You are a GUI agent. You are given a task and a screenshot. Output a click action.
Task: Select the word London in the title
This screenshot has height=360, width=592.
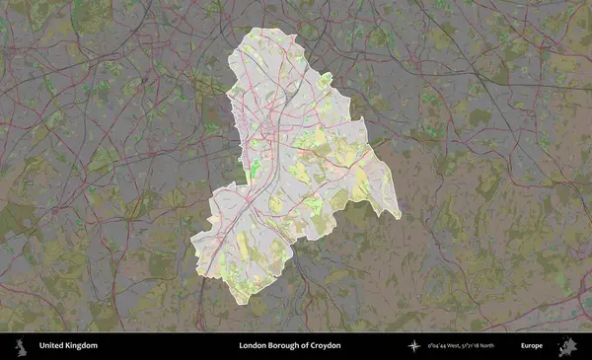pyautogui.click(x=252, y=345)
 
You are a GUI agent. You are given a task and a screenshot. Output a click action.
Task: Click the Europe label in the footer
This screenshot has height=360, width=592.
pyautogui.click(x=532, y=345)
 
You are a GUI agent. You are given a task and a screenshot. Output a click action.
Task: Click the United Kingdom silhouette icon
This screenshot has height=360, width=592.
pyautogui.click(x=20, y=345)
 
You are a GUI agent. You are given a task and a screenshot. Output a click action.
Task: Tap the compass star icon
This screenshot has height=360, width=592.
pyautogui.click(x=414, y=345)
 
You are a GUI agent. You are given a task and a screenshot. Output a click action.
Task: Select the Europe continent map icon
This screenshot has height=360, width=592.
pyautogui.click(x=567, y=345)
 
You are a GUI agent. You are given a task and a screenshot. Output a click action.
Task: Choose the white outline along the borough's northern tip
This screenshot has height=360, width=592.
pyautogui.click(x=259, y=30)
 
